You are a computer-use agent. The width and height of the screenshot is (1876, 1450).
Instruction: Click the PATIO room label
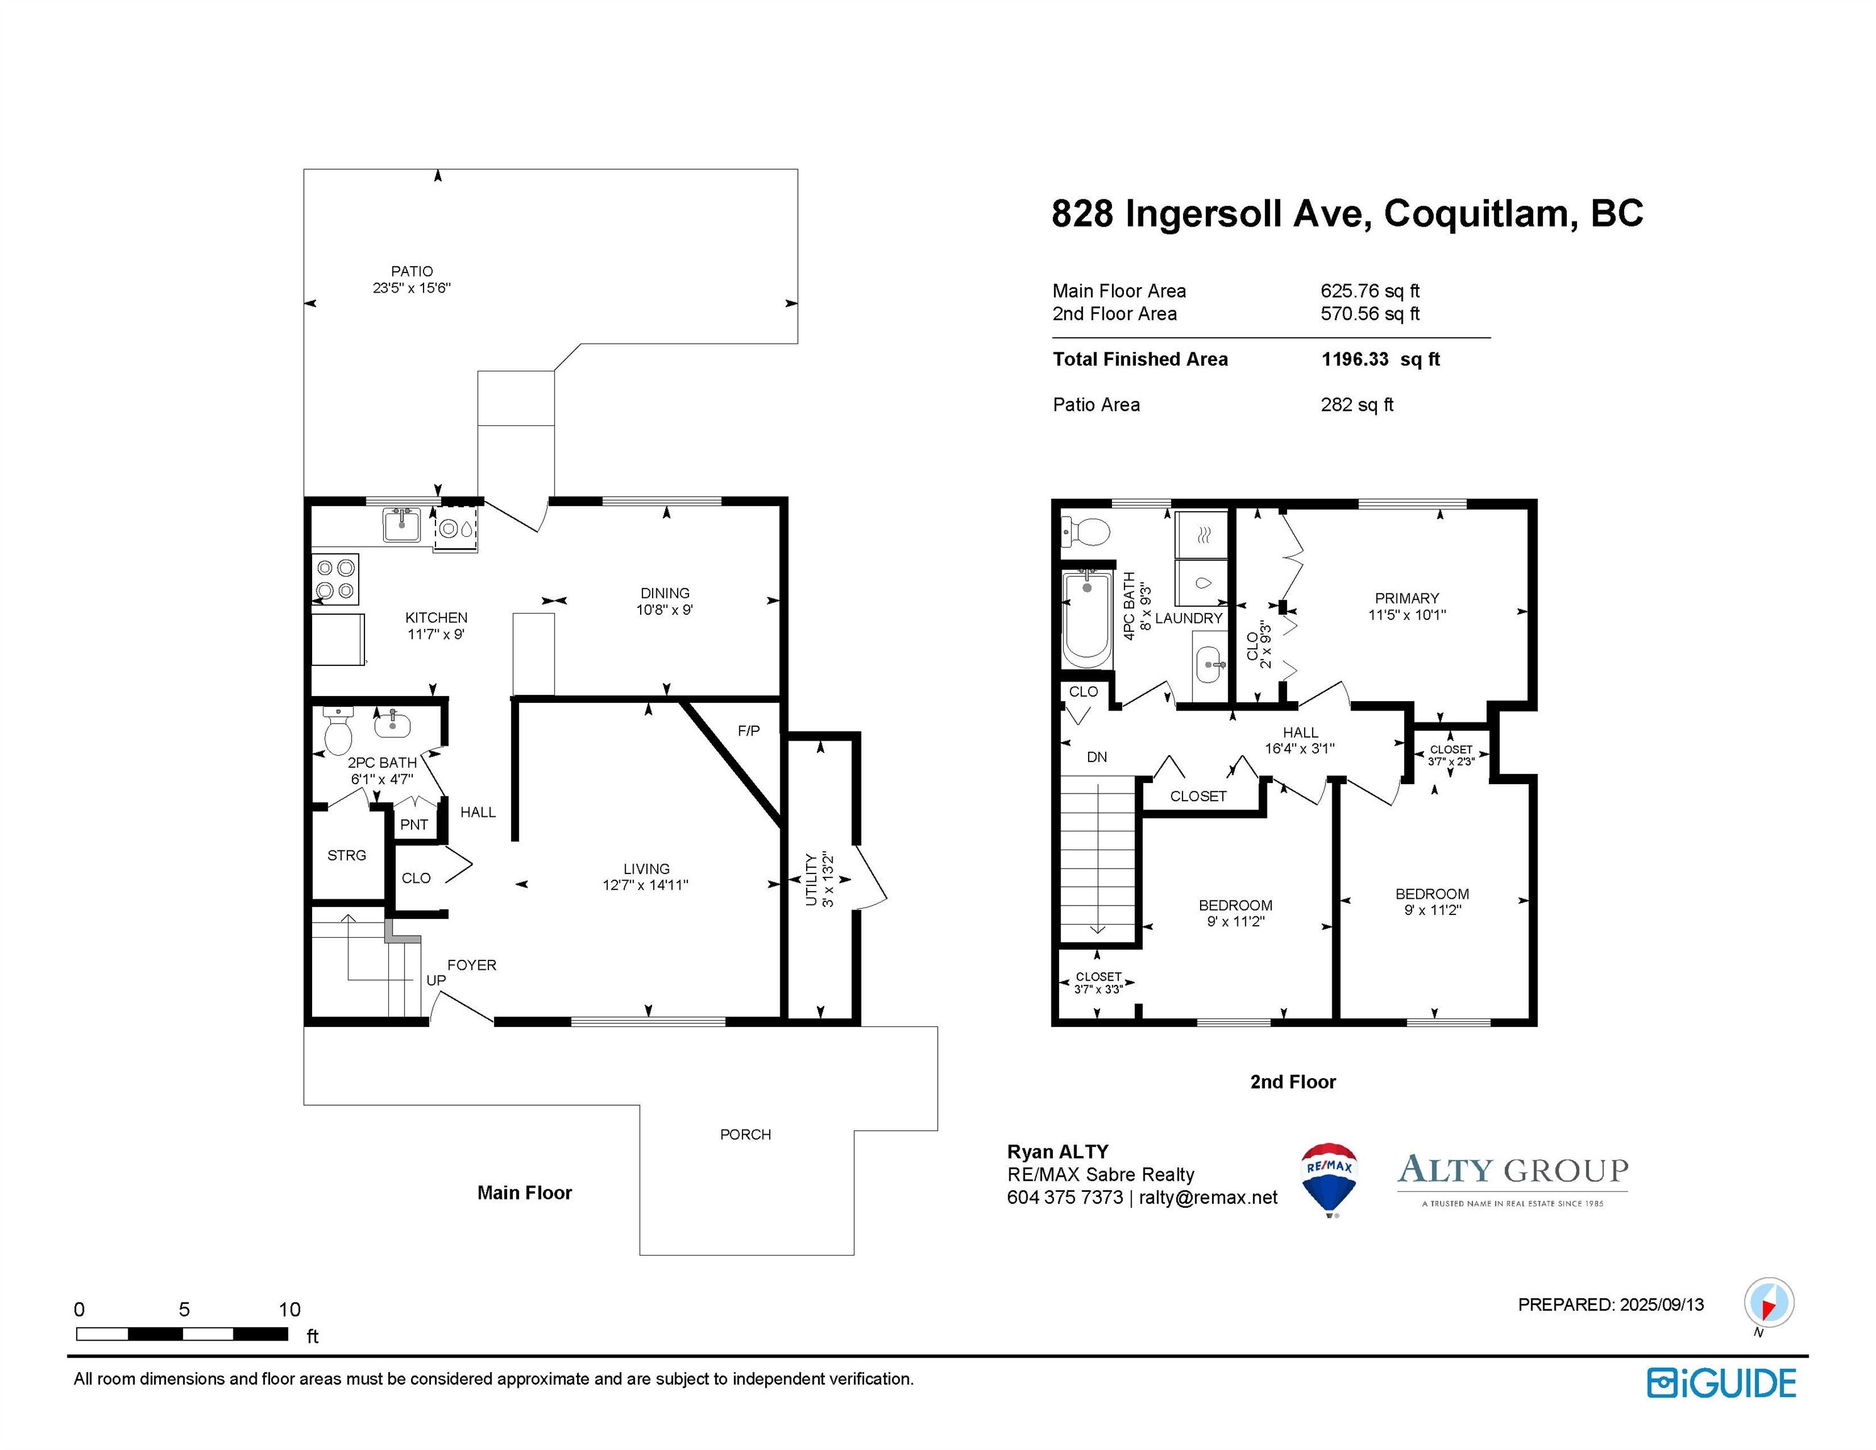click(412, 271)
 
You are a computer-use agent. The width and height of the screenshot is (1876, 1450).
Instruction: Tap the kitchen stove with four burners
click(335, 579)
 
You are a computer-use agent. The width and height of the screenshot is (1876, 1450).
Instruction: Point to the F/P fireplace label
click(748, 731)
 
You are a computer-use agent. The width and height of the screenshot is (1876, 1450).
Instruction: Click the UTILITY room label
click(811, 880)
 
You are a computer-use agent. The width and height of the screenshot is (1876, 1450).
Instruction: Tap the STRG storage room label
click(347, 855)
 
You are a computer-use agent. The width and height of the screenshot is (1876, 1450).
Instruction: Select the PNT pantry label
click(414, 824)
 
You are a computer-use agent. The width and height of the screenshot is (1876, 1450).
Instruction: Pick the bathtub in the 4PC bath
click(1087, 617)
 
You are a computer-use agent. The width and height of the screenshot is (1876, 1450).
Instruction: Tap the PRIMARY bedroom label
click(1407, 599)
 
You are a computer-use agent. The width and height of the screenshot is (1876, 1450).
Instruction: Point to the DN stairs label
click(1097, 758)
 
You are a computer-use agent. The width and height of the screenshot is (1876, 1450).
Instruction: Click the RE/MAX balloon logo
click(1330, 1179)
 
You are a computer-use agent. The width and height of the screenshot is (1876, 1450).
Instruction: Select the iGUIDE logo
click(1721, 1383)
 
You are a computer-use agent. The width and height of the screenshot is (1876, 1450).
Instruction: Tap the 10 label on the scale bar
click(289, 1310)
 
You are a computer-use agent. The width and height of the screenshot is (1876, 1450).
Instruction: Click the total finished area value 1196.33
click(1354, 359)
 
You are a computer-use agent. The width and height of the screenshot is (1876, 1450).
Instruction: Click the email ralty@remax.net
click(1208, 1198)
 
